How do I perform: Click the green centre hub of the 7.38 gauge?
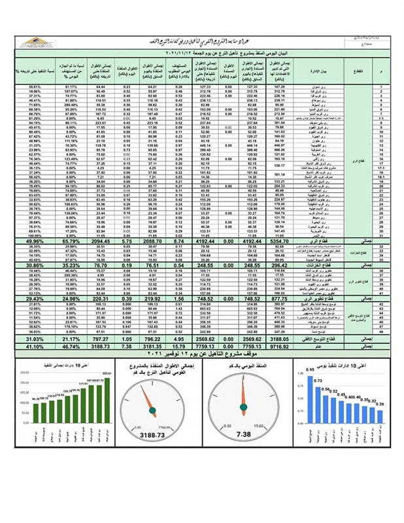[x=243, y=409]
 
